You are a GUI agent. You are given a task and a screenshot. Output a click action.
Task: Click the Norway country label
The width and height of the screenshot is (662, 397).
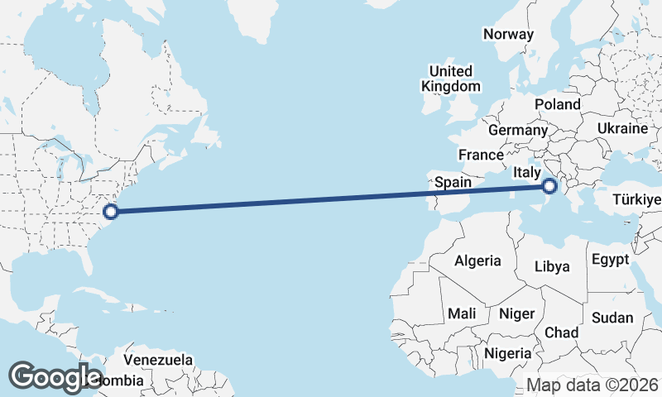point(508,34)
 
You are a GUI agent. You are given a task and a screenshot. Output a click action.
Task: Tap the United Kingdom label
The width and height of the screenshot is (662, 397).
point(450,79)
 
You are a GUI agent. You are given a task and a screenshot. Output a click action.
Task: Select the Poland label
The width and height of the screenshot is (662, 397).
point(558,104)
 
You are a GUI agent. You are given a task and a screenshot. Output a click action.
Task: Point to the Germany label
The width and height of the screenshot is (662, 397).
point(518,130)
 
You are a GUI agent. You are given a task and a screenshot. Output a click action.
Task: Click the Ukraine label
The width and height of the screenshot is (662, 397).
point(621,129)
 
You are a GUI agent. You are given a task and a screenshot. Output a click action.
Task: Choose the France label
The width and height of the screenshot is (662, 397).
point(481,155)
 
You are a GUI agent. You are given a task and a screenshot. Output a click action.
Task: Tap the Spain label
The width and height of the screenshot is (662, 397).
point(453,182)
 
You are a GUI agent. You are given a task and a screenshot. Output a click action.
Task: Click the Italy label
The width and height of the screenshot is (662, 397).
point(527,172)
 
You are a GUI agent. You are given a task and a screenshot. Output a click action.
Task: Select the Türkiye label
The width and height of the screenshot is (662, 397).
point(636,200)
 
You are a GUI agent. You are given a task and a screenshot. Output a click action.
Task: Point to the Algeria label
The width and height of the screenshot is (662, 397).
point(477,261)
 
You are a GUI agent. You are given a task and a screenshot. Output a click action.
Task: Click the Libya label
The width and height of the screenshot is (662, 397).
point(552,266)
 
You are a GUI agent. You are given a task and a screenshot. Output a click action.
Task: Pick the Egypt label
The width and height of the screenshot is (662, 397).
point(611,260)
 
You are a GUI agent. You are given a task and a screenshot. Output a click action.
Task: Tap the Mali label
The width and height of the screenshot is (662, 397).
point(461,313)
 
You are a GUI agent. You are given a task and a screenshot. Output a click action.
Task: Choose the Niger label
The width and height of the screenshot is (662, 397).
point(516,313)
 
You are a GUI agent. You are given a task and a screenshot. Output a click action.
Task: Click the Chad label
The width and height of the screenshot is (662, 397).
point(561,332)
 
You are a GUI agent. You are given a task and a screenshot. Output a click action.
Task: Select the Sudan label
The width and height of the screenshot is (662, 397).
point(612,318)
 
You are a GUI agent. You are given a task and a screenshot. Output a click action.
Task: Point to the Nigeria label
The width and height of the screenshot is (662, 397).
point(508,352)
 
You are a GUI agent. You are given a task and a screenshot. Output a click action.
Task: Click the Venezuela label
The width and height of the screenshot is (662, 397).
point(158,361)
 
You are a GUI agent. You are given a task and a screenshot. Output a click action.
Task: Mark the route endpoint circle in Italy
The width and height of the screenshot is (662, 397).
point(550,188)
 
